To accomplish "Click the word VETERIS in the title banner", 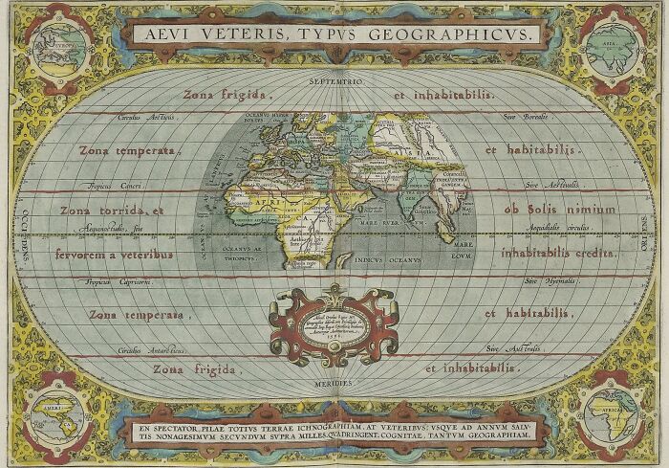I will tap(248, 33).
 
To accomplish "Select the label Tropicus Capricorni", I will tap(141, 281).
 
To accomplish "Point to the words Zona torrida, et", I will tap(113, 210).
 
